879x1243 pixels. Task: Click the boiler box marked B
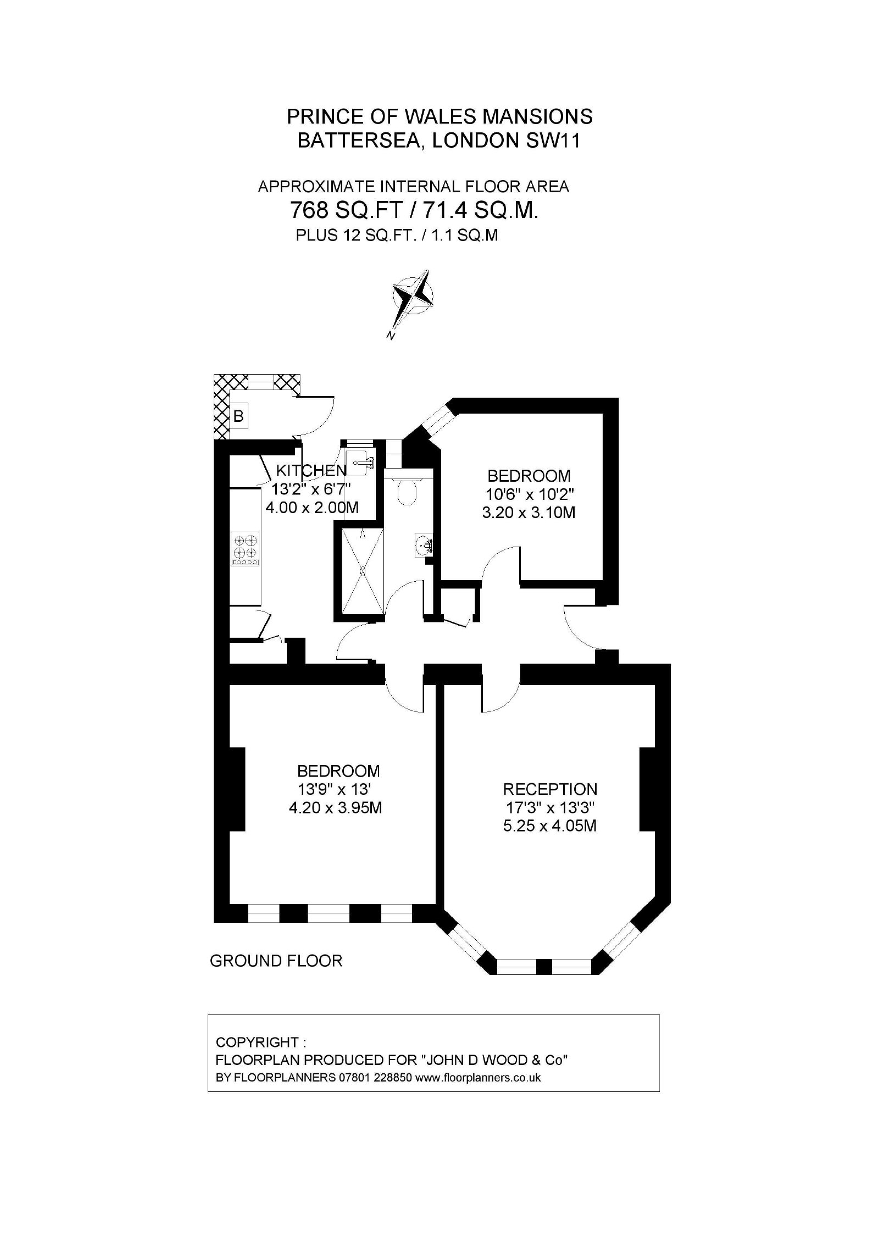click(x=238, y=416)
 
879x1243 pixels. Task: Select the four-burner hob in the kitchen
click(x=245, y=549)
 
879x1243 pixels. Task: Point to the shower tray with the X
click(x=363, y=571)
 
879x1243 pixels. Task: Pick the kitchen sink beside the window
click(x=360, y=462)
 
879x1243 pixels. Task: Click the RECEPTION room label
click(x=550, y=789)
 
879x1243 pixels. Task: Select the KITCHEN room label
click(x=311, y=470)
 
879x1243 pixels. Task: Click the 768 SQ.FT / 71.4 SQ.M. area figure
click(x=414, y=210)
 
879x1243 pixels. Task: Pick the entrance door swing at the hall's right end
click(x=580, y=627)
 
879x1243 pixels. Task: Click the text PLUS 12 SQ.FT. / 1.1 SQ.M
click(x=397, y=236)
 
